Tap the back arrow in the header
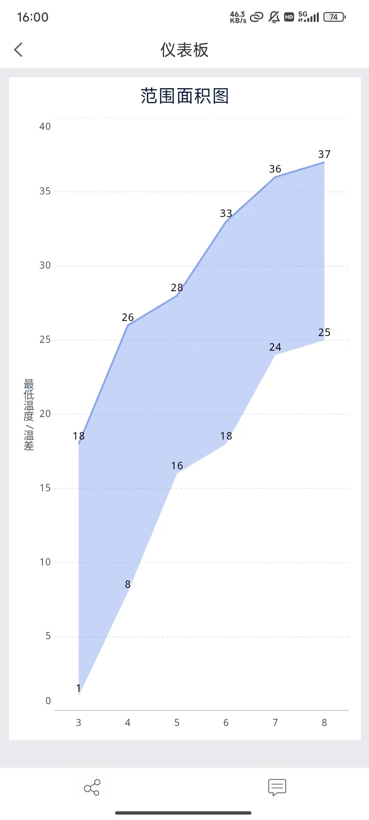18,50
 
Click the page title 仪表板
184,50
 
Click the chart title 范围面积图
184,96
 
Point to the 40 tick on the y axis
45,126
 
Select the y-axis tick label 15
45,488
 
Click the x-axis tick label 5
177,723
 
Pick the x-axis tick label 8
324,723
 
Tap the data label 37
324,154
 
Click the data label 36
275,169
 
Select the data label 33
226,214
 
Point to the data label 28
177,288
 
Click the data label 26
128,317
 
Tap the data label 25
324,332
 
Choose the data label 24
275,347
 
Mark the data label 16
177,466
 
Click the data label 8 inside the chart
128,584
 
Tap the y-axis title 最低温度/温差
29,414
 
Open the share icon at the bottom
92,788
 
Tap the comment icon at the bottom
277,788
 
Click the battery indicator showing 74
334,17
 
